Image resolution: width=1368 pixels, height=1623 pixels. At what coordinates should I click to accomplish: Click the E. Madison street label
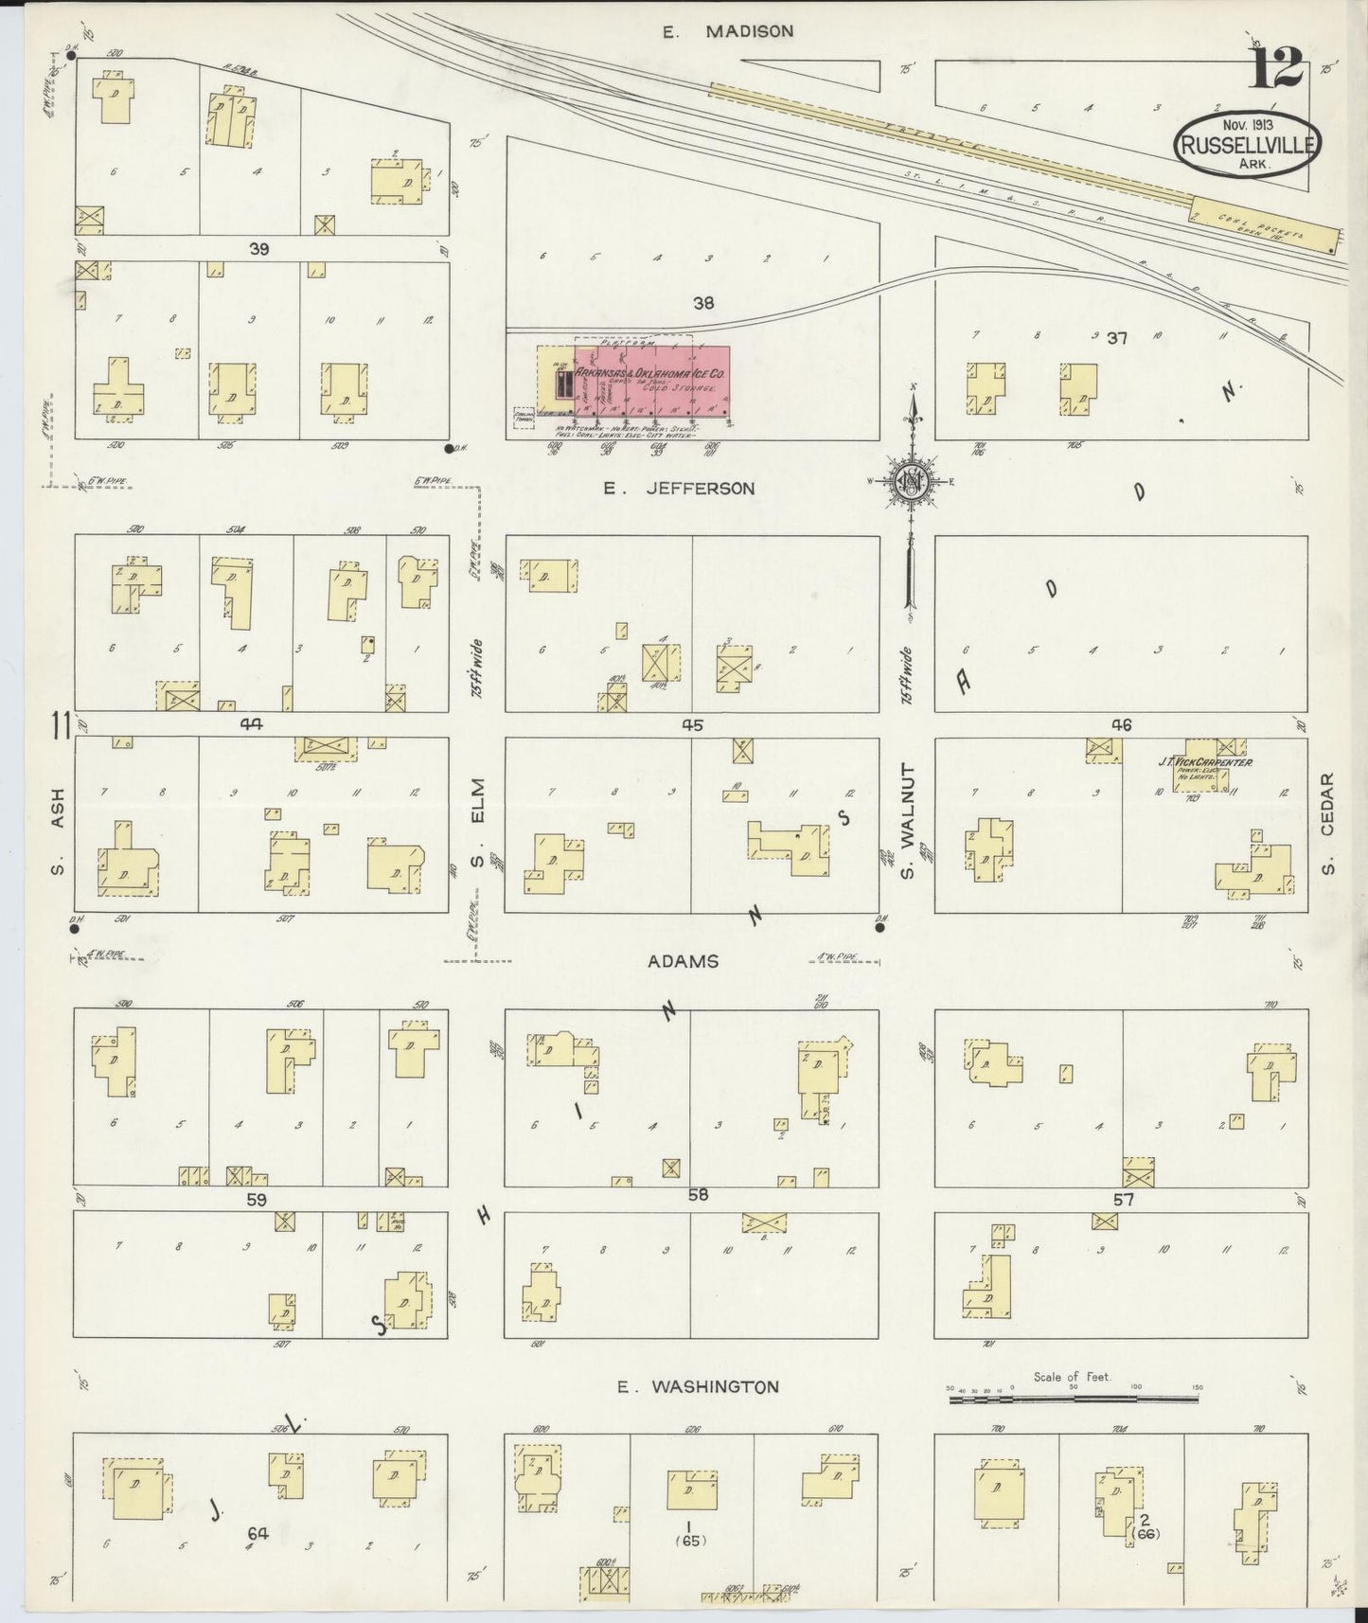[726, 31]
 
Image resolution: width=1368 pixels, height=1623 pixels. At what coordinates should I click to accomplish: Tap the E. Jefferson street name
[681, 489]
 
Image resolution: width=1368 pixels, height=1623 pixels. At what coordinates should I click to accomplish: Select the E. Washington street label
[698, 1387]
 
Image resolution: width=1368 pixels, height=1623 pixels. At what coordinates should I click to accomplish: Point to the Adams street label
[683, 961]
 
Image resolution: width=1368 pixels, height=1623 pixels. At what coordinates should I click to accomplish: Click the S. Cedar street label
[1327, 825]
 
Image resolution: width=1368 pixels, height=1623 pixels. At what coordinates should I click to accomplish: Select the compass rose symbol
[913, 483]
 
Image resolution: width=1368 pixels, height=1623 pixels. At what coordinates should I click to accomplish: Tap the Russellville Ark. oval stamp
[1247, 145]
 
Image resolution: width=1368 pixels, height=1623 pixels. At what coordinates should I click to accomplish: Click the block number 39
[258, 249]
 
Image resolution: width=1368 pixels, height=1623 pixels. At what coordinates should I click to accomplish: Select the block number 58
[698, 1195]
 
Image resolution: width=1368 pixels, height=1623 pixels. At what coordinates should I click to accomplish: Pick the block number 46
[1121, 725]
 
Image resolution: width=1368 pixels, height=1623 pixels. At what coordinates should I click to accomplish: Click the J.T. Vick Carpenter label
[1205, 761]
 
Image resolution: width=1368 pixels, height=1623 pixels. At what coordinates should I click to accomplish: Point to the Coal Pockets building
[1266, 226]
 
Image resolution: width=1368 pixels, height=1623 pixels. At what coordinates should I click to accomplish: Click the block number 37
[1117, 338]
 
